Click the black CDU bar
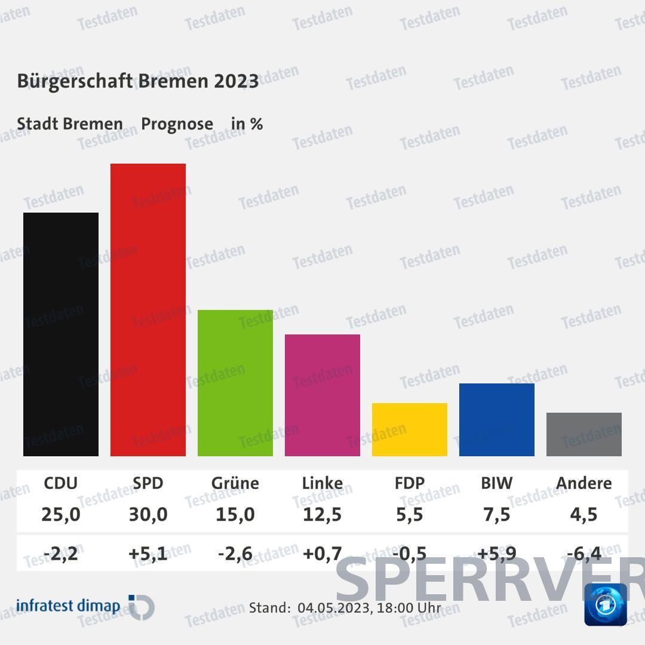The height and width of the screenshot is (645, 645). pos(61,334)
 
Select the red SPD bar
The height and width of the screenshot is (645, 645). pos(148,309)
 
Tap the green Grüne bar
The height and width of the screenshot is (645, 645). pos(235,383)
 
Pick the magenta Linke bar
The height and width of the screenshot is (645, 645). pos(322,395)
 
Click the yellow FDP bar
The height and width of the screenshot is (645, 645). pos(410,429)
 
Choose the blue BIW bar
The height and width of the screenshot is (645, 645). pos(497,420)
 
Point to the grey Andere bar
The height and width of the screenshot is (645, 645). pos(584,434)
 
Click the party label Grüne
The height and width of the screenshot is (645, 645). pos(235,483)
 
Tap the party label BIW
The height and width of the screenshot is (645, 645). pos(497,483)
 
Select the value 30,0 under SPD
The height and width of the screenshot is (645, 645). pos(148,514)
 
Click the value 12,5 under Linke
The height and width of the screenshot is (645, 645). pos(322,514)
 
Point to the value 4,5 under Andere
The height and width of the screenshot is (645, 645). pos(584,514)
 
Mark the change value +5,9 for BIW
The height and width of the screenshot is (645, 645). pos(497,554)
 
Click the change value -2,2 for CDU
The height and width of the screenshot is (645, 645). pos(61,554)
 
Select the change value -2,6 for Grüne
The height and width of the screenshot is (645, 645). pos(235,554)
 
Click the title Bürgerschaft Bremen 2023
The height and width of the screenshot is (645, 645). pos(138,81)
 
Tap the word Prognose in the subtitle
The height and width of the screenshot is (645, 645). pos(177,124)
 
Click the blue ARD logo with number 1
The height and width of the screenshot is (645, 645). pos(605,604)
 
